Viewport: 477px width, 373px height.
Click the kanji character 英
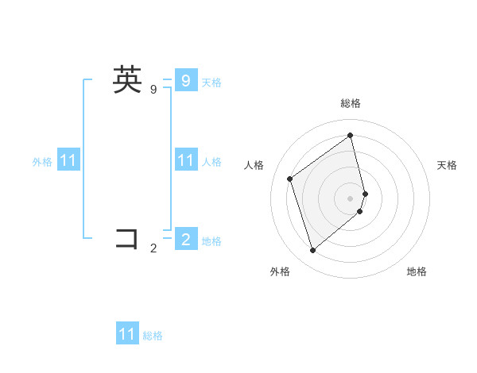click(127, 80)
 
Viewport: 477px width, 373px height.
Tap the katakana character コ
click(127, 238)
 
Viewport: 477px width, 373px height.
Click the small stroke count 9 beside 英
click(153, 90)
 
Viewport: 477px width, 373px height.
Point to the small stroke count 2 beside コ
click(153, 248)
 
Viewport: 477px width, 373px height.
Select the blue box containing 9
click(185, 80)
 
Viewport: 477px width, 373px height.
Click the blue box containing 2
click(185, 239)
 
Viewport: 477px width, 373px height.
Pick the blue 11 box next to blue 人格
click(185, 161)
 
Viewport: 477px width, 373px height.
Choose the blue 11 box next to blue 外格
click(68, 161)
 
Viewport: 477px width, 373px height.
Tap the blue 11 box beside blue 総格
click(127, 334)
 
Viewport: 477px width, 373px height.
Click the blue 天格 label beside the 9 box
click(211, 83)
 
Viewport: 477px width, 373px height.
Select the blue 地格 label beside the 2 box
click(211, 241)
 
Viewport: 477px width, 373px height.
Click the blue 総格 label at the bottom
click(153, 336)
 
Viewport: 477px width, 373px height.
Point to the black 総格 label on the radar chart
click(351, 103)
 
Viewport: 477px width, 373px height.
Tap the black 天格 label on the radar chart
click(447, 165)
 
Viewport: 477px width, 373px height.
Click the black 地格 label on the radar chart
click(417, 271)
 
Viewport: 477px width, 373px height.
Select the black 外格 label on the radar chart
click(280, 271)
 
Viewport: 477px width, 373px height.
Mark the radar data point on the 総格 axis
click(351, 135)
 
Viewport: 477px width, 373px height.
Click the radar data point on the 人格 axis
click(290, 179)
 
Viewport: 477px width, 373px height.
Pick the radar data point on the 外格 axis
click(312, 251)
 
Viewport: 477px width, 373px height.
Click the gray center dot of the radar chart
click(351, 198)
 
